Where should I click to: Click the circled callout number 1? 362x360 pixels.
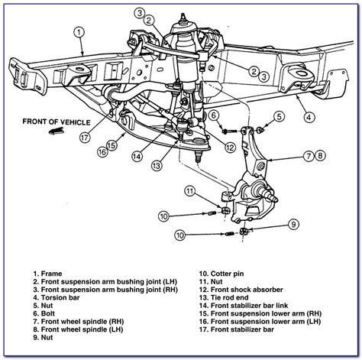click(x=79, y=32)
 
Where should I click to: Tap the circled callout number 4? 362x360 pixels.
click(x=308, y=117)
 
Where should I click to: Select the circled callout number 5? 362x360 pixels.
click(x=280, y=116)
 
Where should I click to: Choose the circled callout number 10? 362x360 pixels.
click(x=179, y=234)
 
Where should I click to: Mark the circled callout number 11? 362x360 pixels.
click(x=189, y=190)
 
